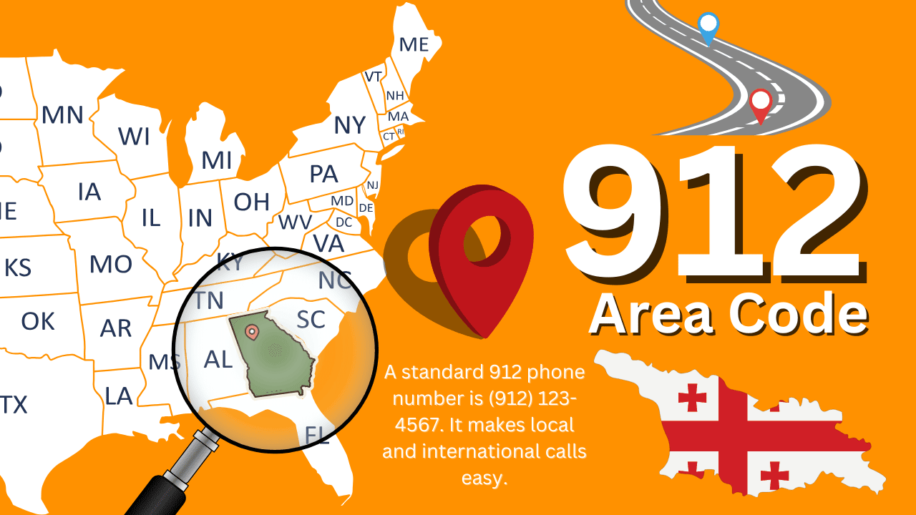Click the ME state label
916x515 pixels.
tap(414, 44)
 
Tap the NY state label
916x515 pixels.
tap(350, 125)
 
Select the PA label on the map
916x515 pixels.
tap(323, 174)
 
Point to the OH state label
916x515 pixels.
tap(252, 202)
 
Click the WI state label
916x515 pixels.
tap(134, 136)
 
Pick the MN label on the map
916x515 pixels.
tap(62, 115)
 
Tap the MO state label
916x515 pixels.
tap(111, 265)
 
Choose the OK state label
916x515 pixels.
tap(38, 321)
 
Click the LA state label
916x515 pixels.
tap(118, 396)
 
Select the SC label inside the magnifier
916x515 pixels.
tap(311, 320)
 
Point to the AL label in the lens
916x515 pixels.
tap(218, 359)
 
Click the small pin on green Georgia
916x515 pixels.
tap(252, 332)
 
